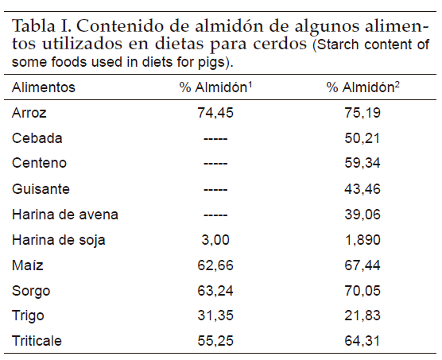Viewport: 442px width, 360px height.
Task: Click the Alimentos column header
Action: click(x=44, y=87)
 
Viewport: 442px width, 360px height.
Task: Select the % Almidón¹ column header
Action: click(x=215, y=87)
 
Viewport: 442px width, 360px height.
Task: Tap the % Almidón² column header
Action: click(x=363, y=87)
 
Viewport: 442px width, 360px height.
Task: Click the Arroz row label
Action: click(x=29, y=113)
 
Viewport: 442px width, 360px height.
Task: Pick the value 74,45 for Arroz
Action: click(x=215, y=113)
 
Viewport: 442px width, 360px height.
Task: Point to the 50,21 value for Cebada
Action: click(x=363, y=138)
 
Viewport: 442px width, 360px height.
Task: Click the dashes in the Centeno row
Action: click(x=215, y=164)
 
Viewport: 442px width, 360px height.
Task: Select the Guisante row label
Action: click(x=41, y=188)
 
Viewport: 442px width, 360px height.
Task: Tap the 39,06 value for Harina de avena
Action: click(x=363, y=215)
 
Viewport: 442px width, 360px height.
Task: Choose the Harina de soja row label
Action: click(x=59, y=240)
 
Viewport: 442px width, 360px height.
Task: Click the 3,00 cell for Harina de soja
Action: click(x=215, y=240)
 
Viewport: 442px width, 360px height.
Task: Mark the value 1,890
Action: click(x=363, y=240)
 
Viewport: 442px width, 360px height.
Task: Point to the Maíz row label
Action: click(x=28, y=265)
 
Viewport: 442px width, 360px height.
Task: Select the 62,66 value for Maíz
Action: click(x=215, y=265)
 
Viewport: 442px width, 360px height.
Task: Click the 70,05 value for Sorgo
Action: click(x=363, y=291)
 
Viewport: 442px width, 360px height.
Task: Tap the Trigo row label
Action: click(x=28, y=316)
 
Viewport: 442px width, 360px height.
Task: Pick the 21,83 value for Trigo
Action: click(x=363, y=315)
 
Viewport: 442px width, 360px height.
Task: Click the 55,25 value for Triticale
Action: click(x=215, y=341)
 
